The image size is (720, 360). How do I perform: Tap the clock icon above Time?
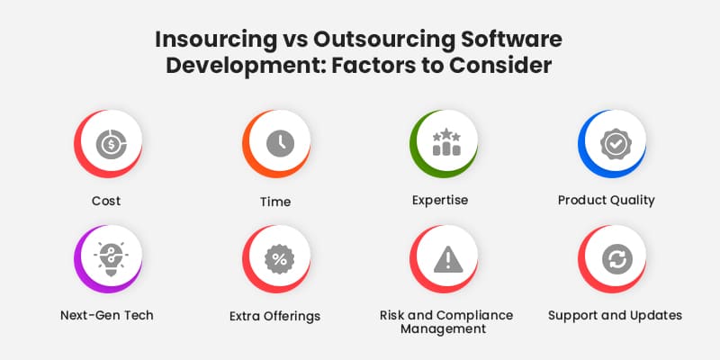[279, 144]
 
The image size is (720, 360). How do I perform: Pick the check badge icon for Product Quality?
[615, 144]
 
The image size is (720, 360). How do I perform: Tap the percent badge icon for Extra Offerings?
[279, 259]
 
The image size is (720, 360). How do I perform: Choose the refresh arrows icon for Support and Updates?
[615, 259]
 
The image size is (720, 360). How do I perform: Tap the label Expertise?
[440, 200]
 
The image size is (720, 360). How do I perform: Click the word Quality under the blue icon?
[633, 200]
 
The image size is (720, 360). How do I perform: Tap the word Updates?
[656, 315]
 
